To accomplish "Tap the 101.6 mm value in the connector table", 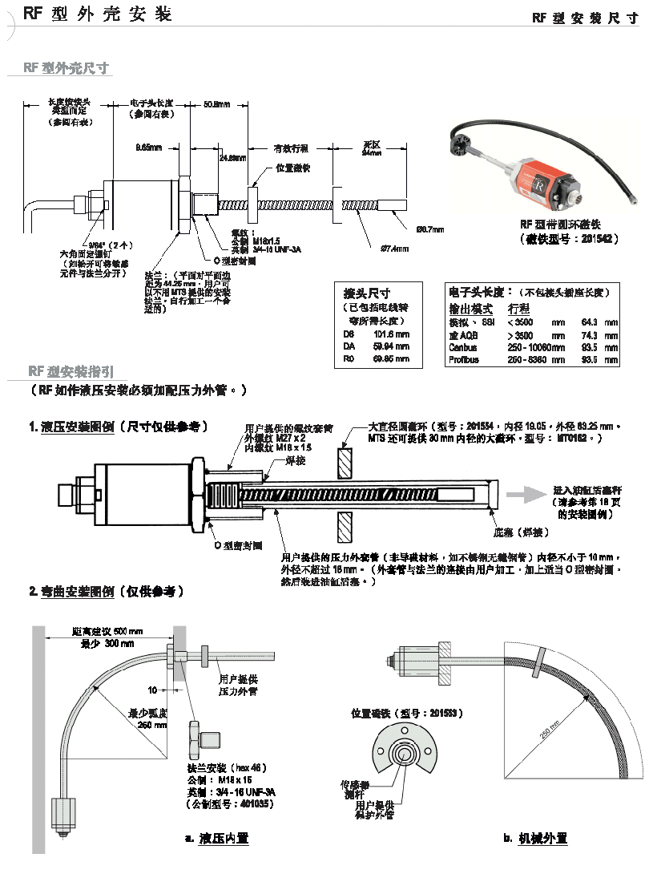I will coord(393,334).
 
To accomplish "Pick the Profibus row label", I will coord(464,360).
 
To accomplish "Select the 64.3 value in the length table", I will coord(589,322).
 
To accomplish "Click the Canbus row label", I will coord(462,348).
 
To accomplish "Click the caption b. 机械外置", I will coord(535,838).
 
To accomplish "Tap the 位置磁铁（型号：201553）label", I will coord(407,713).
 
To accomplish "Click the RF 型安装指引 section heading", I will coord(72,371).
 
